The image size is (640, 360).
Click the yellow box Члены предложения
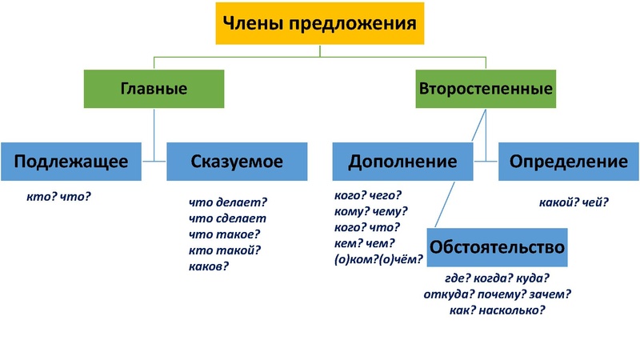319,24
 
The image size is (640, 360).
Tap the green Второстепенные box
486,89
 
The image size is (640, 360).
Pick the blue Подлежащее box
71,161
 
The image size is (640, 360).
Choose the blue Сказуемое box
237,161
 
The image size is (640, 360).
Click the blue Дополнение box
402,161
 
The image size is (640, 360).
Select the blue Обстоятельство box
498,247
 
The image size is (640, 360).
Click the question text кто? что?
58,194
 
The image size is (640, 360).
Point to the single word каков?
209,266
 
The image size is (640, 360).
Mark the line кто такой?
225,250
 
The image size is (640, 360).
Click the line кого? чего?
367,194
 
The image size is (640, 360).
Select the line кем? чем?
366,243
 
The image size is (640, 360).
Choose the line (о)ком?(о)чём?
376,259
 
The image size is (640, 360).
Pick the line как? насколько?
497,310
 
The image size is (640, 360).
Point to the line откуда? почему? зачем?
497,294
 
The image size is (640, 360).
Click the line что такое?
225,234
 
